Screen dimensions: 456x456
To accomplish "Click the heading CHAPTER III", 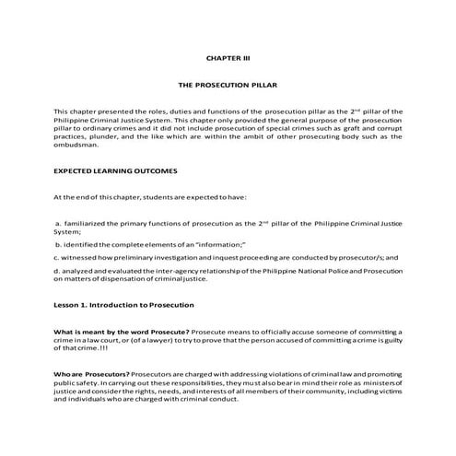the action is coord(228,57).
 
